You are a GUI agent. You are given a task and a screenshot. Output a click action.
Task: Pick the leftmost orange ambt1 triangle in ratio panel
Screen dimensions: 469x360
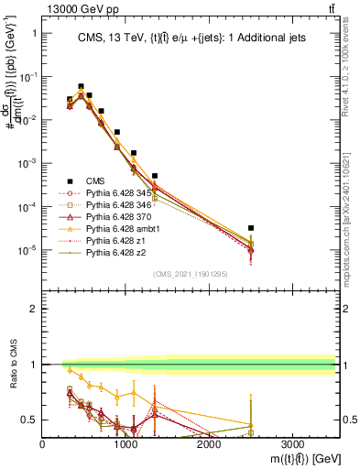(x=69, y=369)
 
